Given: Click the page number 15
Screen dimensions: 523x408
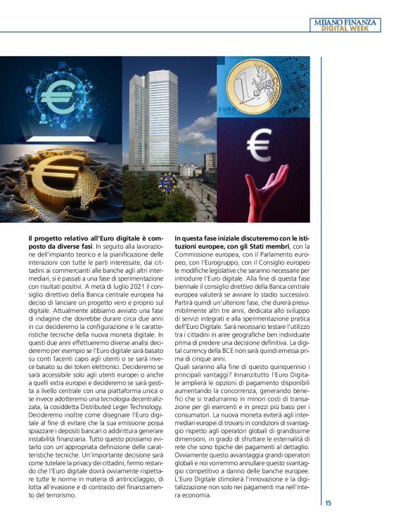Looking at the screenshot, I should (x=329, y=503).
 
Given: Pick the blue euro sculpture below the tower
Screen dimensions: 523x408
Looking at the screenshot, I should (x=167, y=182).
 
